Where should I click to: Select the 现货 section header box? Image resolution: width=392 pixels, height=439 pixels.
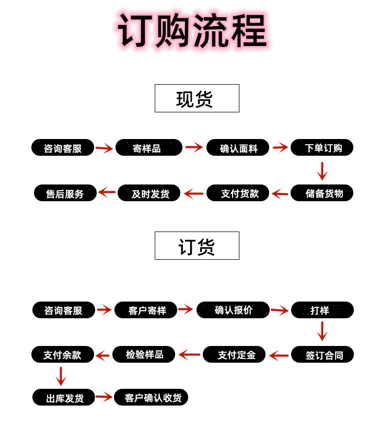point(197,98)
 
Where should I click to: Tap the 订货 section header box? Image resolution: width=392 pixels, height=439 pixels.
point(197,246)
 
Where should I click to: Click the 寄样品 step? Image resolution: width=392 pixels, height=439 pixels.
point(148,148)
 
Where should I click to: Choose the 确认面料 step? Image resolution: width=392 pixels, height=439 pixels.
point(238,148)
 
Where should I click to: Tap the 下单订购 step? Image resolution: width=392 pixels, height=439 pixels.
point(322,148)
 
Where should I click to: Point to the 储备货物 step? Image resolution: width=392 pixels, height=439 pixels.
point(322,193)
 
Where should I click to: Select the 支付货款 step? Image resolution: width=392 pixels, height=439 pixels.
point(238,193)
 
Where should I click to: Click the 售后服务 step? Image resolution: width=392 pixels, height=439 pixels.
point(65,193)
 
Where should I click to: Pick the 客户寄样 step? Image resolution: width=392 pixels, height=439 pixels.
point(146,310)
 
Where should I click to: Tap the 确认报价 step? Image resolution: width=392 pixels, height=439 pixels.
point(233,310)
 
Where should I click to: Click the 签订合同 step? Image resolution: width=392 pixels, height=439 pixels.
point(322,355)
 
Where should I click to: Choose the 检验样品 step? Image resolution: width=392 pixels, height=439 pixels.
point(144,355)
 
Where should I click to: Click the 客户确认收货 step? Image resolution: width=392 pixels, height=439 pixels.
point(151,398)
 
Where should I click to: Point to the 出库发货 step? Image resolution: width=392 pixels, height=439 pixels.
point(65,398)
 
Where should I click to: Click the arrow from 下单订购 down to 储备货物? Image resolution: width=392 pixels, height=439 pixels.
point(322,171)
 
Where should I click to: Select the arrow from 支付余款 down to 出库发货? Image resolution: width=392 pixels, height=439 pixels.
point(61,376)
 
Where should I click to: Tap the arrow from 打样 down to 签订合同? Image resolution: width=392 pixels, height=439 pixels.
point(322,331)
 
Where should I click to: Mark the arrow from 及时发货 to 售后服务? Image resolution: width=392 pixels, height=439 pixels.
point(107,192)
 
